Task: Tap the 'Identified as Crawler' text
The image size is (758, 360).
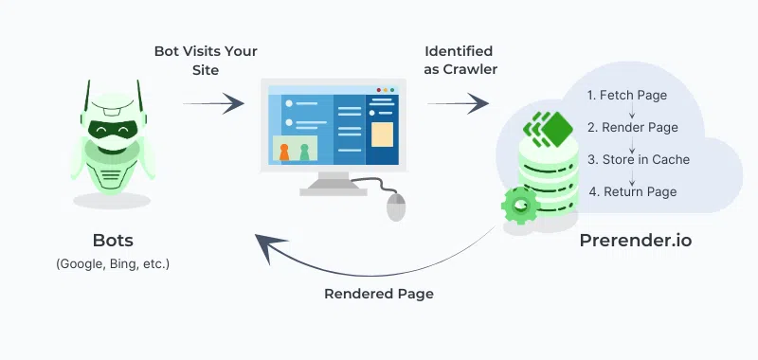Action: coord(458,59)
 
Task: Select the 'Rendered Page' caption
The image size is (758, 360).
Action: coord(379,294)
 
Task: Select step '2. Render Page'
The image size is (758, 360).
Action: coord(632,127)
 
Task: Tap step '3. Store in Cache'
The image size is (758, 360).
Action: coord(639,159)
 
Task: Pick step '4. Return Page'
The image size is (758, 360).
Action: coord(632,191)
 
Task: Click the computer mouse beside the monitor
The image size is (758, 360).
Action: coord(396,205)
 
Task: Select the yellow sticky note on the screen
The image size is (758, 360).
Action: coord(382,134)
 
